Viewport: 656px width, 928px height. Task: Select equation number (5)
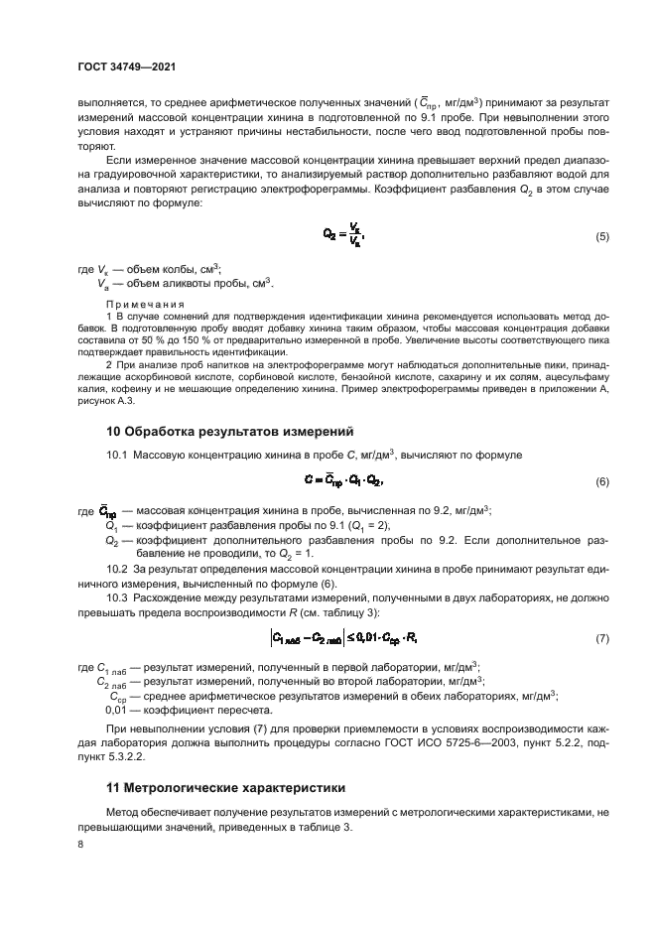pos(601,264)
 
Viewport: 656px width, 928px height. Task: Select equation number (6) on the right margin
pos(601,481)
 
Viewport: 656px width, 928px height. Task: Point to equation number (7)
pos(601,638)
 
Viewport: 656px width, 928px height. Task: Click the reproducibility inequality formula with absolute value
pos(340,638)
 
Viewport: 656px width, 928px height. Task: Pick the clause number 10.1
pos(117,454)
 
